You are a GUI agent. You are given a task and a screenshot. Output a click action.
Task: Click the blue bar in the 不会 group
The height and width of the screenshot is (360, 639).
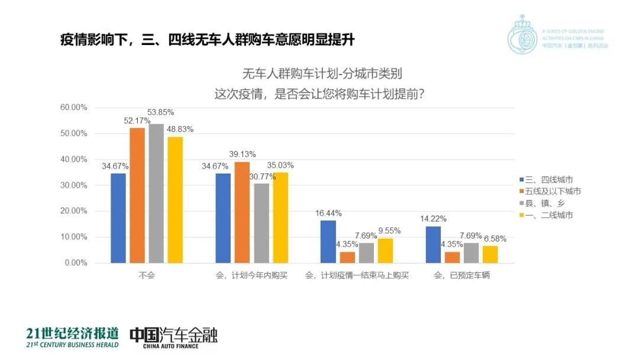point(118,218)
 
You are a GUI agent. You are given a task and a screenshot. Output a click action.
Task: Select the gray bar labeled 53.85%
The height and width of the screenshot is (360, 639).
point(157,193)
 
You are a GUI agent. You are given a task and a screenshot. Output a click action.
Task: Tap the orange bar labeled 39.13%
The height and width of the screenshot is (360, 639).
point(243,212)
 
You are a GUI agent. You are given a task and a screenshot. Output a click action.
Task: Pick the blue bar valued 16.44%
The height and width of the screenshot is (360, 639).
point(328,242)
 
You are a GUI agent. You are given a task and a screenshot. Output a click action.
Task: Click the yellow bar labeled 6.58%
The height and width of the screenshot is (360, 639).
point(491,254)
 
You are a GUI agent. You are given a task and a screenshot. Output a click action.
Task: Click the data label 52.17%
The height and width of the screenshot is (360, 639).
point(137,121)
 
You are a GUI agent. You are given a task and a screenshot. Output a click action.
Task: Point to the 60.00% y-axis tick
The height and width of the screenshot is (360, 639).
point(75,108)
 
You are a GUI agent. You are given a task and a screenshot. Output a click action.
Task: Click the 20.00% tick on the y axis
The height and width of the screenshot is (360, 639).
point(75,211)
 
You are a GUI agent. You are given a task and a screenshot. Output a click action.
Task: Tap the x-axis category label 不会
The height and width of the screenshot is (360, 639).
point(147,276)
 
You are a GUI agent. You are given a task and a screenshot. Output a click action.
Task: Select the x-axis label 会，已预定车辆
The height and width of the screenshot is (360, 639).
point(462,276)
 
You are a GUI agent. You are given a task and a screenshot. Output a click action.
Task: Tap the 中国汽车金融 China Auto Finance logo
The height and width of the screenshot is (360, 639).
point(173,337)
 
